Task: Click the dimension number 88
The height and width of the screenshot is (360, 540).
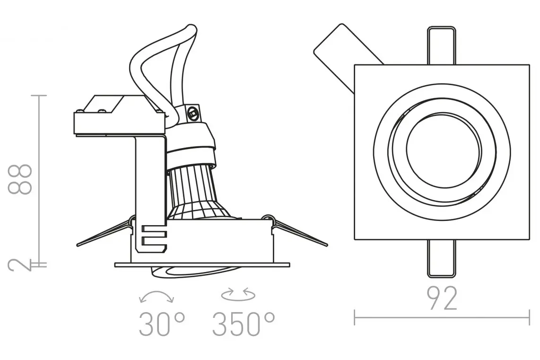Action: (x=20, y=179)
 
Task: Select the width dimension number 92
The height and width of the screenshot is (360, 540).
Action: (x=442, y=299)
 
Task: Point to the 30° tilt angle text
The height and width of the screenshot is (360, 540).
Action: (x=162, y=325)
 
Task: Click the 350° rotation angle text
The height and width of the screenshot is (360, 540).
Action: (x=244, y=325)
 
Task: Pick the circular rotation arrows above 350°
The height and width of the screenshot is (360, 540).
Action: (x=238, y=295)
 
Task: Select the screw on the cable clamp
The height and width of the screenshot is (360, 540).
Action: (x=193, y=112)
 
